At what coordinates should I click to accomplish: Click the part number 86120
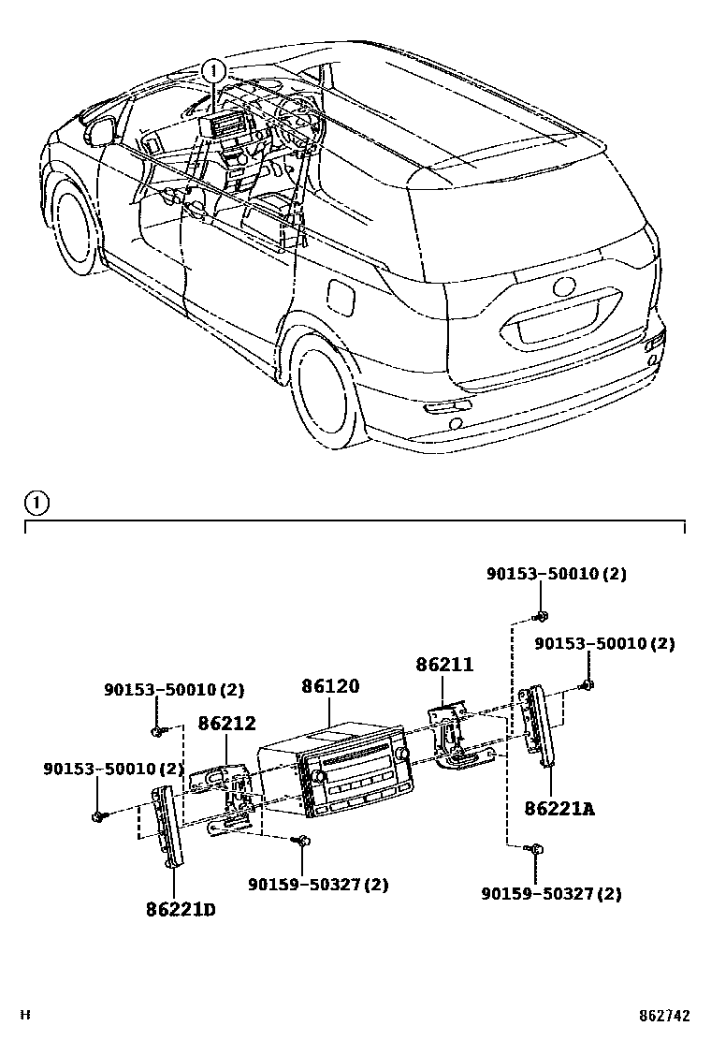tap(329, 686)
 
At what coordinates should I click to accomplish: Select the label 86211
tap(444, 666)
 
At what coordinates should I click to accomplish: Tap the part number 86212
tap(226, 724)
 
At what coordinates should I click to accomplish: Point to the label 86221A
tap(559, 808)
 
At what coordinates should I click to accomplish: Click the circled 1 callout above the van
tap(214, 69)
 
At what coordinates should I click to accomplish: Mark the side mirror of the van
tap(96, 133)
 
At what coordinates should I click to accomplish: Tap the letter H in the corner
tap(27, 1015)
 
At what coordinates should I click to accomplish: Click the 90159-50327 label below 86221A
tap(551, 894)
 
